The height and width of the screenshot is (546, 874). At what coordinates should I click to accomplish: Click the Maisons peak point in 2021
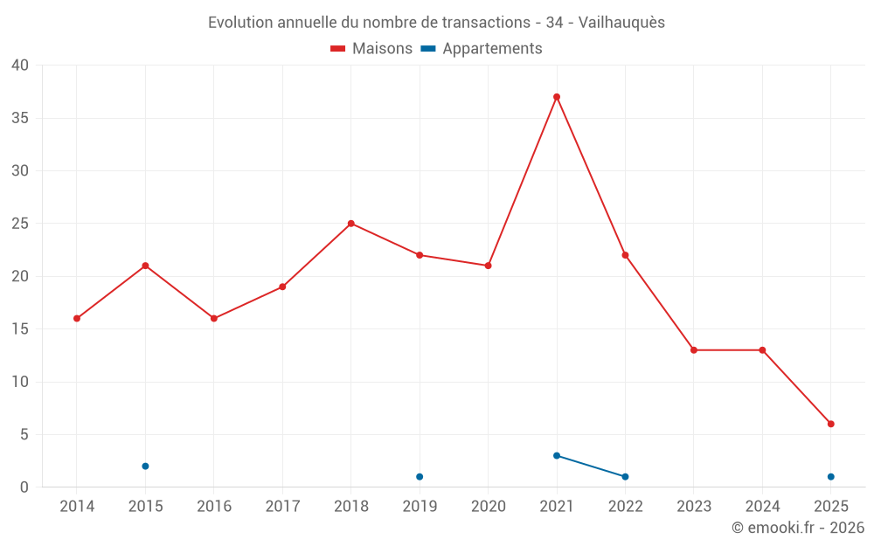tap(557, 97)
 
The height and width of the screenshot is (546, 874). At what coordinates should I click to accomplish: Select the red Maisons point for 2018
tap(351, 224)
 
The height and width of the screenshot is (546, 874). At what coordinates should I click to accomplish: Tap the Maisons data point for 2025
tap(831, 424)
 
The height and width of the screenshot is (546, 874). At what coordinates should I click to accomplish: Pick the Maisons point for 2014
tap(77, 319)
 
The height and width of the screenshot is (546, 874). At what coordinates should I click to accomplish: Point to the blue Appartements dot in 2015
tap(145, 467)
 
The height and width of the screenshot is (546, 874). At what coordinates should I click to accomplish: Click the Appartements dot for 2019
tap(420, 477)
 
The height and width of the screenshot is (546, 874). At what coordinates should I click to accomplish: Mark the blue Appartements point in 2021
tap(557, 456)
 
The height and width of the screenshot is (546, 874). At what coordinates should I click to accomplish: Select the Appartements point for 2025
tap(831, 477)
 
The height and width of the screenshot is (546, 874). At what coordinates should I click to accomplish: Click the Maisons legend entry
tap(371, 49)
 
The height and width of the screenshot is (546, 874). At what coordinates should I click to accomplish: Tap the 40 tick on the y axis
tap(20, 66)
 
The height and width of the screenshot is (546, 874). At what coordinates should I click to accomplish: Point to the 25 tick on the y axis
tap(20, 224)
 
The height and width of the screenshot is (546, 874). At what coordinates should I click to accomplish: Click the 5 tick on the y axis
tap(24, 435)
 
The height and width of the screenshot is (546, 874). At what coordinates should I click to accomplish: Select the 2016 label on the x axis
tap(214, 507)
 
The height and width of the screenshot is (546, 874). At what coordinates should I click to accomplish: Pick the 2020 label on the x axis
tap(489, 507)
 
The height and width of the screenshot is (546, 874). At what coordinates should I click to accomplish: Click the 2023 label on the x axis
tap(694, 507)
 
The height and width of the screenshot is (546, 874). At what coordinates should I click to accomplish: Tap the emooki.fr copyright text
tap(798, 528)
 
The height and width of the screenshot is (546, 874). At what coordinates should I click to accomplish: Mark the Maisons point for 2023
tap(694, 350)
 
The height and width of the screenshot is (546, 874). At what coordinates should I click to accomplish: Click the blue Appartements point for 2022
tap(625, 477)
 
